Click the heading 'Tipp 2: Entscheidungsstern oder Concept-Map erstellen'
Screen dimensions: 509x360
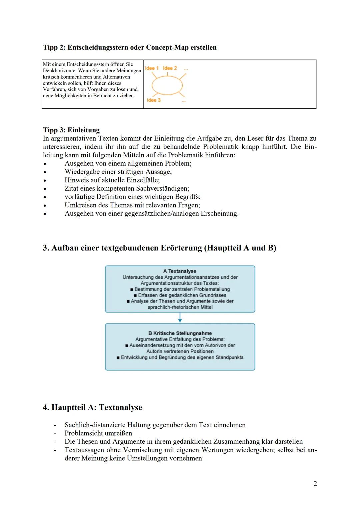click(130, 47)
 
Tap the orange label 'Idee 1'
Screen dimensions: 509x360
click(152, 68)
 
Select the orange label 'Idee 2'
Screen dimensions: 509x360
click(170, 68)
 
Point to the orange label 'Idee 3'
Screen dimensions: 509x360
click(154, 100)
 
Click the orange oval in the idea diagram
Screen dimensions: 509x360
click(167, 85)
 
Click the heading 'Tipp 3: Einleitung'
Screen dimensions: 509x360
click(71, 130)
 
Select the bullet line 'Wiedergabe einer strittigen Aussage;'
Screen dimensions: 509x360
click(118, 172)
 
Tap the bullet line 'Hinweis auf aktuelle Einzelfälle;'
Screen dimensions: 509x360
click(112, 180)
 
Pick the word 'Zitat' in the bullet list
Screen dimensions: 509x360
click(72, 188)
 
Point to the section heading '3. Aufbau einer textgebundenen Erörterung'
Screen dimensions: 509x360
click(159, 248)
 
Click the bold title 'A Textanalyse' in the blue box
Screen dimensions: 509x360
click(180, 271)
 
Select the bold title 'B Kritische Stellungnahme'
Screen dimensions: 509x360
click(180, 333)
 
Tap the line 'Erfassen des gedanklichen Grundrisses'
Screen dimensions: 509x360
click(182, 295)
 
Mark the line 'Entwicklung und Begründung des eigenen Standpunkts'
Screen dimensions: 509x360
click(182, 357)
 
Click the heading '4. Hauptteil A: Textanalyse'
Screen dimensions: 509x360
click(92, 407)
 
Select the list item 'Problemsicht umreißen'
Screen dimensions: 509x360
click(98, 433)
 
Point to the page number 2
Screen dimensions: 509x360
click(315, 483)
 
